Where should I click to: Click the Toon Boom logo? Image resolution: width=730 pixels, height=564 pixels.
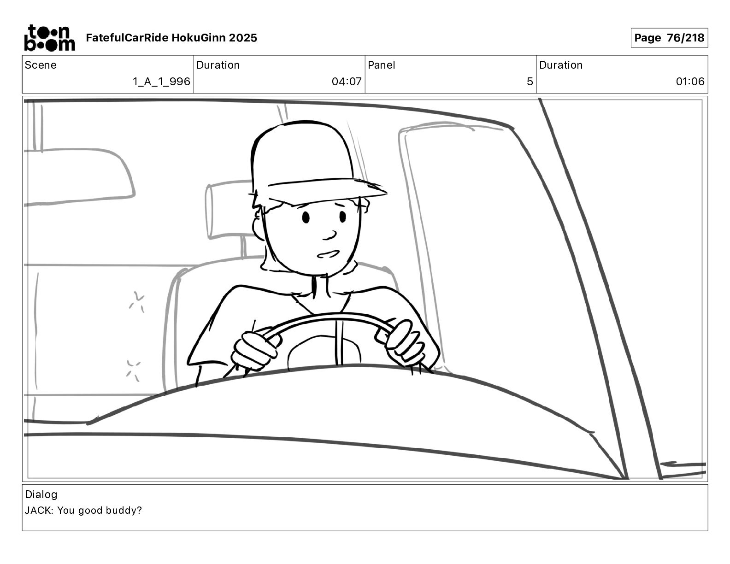(x=50, y=38)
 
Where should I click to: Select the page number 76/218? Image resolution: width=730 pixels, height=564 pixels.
(x=685, y=38)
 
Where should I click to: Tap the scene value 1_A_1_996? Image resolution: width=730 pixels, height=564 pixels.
(x=162, y=82)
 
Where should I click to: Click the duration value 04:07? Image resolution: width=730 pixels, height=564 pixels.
(x=347, y=82)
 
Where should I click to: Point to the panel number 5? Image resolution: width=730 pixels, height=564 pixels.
(x=530, y=82)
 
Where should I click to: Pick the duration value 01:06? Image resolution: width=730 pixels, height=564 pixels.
(x=690, y=82)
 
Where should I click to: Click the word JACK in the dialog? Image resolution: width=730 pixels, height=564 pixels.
(x=38, y=510)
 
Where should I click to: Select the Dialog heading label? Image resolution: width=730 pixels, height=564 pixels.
(x=41, y=494)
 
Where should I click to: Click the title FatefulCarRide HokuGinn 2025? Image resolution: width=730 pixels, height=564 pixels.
(x=171, y=38)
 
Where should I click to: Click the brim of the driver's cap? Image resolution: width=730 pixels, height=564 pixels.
(x=328, y=192)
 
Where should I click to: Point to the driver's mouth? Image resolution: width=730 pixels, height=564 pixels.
(x=328, y=254)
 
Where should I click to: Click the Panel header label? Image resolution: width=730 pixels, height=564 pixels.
(x=381, y=65)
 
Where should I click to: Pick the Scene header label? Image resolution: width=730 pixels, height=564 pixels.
(x=41, y=65)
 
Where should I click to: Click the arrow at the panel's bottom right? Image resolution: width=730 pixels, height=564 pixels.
(x=683, y=464)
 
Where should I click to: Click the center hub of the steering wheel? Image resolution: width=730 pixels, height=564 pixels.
(x=324, y=352)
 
